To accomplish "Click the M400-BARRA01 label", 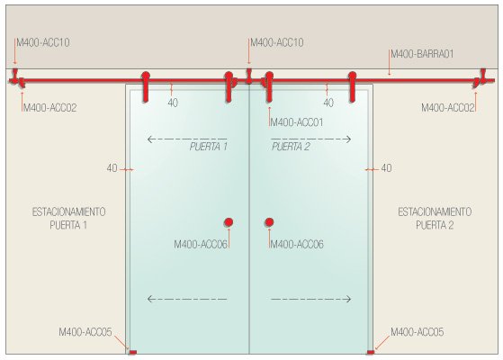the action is pyautogui.click(x=422, y=54).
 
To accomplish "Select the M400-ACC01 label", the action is pyautogui.click(x=297, y=122).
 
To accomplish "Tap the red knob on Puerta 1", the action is pyautogui.click(x=229, y=222).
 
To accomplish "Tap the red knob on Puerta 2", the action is pyautogui.click(x=269, y=222).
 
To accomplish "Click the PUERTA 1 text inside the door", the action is pyautogui.click(x=209, y=147).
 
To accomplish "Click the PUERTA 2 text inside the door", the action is pyautogui.click(x=291, y=147).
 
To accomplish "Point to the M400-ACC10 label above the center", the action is pyautogui.click(x=277, y=42).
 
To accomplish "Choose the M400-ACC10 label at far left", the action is pyautogui.click(x=43, y=42).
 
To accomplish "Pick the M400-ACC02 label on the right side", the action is pyautogui.click(x=448, y=108).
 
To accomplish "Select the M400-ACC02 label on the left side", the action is pyautogui.click(x=50, y=108).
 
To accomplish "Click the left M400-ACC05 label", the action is pyautogui.click(x=85, y=332).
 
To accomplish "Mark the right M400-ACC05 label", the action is pyautogui.click(x=417, y=332).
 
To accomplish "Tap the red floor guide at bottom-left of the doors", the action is pyautogui.click(x=132, y=352).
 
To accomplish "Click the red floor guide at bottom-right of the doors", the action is pyautogui.click(x=370, y=352).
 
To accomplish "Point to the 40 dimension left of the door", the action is pyautogui.click(x=112, y=168).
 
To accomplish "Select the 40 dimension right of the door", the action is pyautogui.click(x=386, y=168).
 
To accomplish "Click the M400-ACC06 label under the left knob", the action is pyautogui.click(x=201, y=245).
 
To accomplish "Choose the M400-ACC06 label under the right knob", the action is pyautogui.click(x=297, y=245).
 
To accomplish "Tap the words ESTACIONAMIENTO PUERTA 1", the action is pyautogui.click(x=68, y=219).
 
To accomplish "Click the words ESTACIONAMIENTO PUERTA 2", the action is pyautogui.click(x=435, y=219).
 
